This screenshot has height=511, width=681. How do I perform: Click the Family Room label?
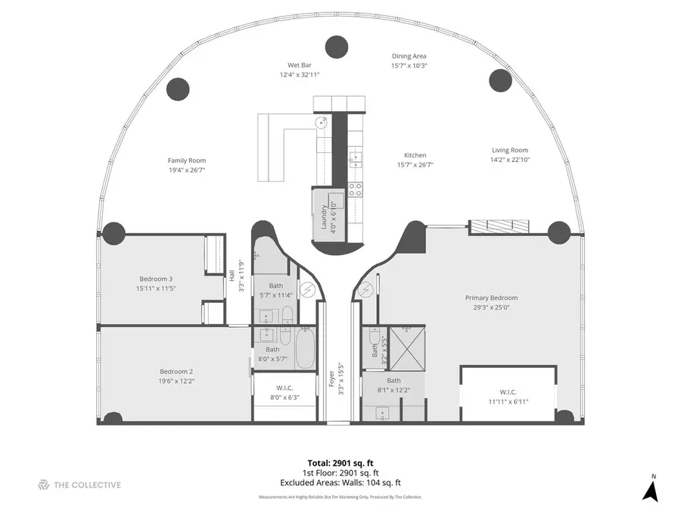tap(187, 160)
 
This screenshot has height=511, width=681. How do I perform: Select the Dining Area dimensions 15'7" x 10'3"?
tap(409, 66)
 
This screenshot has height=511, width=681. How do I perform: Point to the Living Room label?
tap(509, 151)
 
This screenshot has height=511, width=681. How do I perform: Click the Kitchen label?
tap(415, 155)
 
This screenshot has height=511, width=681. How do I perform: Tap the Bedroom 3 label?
tap(155, 278)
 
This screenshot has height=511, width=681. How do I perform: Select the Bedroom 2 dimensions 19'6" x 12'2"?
tap(176, 381)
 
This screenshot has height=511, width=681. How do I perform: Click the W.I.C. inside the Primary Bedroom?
tap(508, 391)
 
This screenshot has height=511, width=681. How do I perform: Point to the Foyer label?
tap(331, 379)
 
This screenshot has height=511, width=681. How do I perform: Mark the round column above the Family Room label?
tap(178, 88)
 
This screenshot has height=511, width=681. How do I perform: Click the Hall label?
tap(232, 276)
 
